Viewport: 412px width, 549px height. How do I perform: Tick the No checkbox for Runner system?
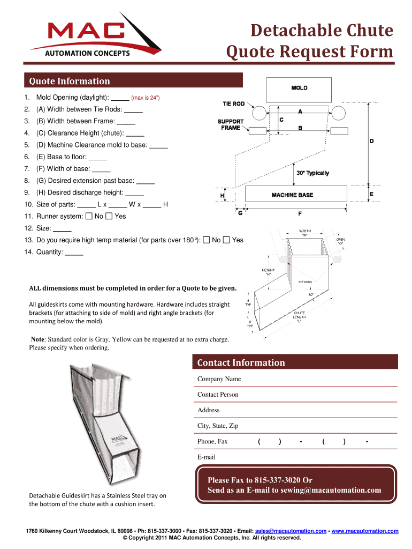[89, 217]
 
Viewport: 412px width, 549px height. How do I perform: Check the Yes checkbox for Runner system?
[109, 217]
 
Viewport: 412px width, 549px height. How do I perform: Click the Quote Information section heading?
[70, 81]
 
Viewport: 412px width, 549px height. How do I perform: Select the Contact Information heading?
[241, 362]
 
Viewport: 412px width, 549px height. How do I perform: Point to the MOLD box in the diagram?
[299, 88]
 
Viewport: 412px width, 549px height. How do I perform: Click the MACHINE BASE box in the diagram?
[292, 195]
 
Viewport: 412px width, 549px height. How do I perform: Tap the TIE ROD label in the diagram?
[234, 103]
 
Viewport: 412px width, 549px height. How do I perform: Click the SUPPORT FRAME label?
[231, 124]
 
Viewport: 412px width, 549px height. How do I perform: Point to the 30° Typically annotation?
[312, 173]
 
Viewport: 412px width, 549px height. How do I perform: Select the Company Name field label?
[219, 379]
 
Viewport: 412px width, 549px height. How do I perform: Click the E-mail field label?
[207, 457]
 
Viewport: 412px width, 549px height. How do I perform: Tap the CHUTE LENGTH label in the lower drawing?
[299, 317]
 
